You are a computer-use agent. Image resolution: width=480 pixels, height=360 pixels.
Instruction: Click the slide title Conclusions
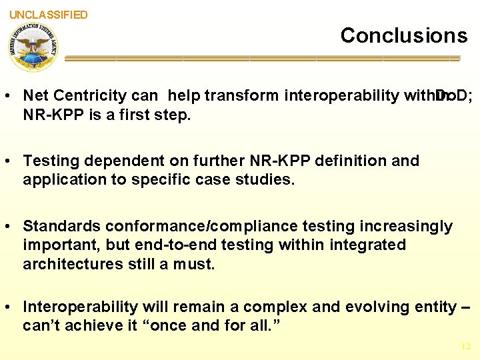click(404, 35)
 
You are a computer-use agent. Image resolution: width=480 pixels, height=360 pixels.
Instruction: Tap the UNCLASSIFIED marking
click(48, 15)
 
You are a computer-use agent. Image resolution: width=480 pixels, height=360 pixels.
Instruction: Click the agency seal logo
click(33, 46)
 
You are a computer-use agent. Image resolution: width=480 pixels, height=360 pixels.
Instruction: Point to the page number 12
click(465, 346)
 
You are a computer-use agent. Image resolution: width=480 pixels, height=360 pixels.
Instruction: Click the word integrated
click(365, 245)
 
